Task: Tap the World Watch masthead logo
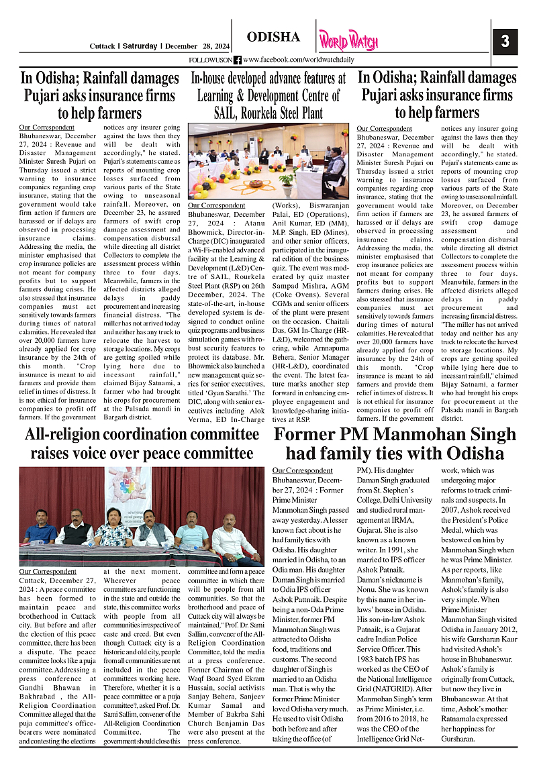pos(348,40)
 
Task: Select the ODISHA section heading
pos(273,37)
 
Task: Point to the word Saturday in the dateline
pos(140,46)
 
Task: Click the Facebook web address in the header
pos(299,60)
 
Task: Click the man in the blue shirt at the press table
pos(40,526)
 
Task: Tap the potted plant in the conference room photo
pos(288,178)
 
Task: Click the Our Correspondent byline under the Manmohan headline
pos(302,470)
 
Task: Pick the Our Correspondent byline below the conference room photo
pos(216,205)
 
